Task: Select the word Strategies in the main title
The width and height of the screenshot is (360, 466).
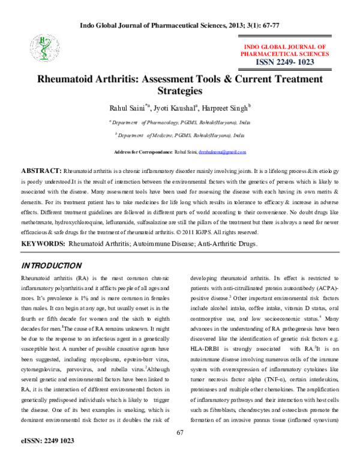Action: (179, 91)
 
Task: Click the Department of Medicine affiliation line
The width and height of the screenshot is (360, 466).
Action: (180, 136)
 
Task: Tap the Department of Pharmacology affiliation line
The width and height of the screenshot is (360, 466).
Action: (180, 122)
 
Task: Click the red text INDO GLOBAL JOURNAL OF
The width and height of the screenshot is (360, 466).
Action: (284, 46)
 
